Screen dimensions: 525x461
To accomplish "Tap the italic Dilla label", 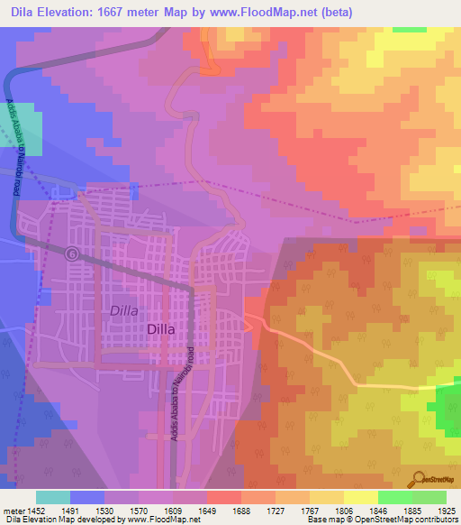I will coord(124,310).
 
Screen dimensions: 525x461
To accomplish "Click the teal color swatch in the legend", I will coord(53,497).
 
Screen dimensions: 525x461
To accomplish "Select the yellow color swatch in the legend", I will coord(360,497).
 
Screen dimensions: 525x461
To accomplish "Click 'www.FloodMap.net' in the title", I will coord(271,13).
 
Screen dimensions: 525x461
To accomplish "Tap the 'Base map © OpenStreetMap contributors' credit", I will coord(382,520).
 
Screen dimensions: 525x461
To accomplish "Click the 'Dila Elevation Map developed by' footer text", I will coord(63,520).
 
